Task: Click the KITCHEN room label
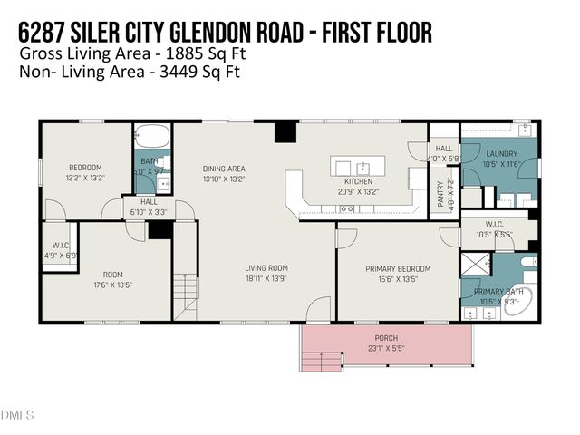point(358,181)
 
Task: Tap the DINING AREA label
point(224,169)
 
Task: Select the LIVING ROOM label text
point(266,267)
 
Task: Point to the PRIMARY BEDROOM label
point(398,268)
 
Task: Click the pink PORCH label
point(386,337)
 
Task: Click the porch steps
point(320,361)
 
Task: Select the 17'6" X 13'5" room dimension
point(111,285)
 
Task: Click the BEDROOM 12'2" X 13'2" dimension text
point(85,179)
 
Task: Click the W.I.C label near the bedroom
point(61,245)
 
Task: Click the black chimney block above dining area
point(285,132)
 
